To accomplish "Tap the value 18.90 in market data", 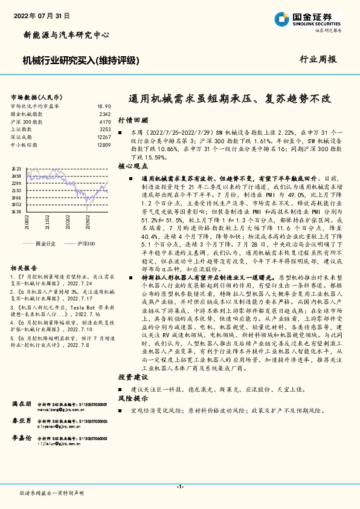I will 103,106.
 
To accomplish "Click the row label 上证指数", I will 22,129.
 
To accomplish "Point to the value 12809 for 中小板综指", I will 103,145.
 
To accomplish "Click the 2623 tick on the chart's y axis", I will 16,169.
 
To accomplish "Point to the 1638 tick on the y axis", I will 16,212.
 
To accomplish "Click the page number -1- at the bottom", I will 179,485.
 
